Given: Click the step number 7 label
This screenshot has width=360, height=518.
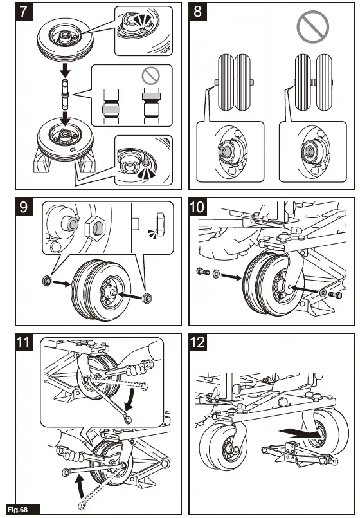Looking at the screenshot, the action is click(x=24, y=12).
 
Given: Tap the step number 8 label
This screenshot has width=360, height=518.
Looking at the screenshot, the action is click(x=197, y=12).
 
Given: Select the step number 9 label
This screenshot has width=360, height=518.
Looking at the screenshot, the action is click(x=24, y=207).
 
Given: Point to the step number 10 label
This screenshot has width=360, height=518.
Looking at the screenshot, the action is click(x=197, y=207).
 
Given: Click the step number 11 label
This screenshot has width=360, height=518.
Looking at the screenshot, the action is click(x=24, y=342).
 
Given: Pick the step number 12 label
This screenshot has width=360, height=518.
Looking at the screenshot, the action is click(x=197, y=342).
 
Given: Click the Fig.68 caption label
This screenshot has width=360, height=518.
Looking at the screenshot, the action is click(x=19, y=510).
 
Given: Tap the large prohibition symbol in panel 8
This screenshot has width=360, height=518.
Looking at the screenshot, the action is click(x=313, y=26).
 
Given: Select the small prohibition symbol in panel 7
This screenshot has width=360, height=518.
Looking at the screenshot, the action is click(x=151, y=76).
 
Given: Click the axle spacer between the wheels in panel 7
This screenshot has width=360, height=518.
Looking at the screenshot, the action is click(x=65, y=95).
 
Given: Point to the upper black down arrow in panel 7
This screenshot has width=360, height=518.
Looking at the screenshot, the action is click(x=66, y=69).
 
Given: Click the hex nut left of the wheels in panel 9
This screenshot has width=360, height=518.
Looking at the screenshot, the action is click(x=47, y=281).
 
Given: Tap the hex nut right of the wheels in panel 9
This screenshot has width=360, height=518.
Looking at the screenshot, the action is click(x=147, y=297).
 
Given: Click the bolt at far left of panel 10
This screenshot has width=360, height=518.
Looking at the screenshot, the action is click(x=203, y=272).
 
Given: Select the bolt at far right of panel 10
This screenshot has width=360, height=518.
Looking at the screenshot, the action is click(x=336, y=295).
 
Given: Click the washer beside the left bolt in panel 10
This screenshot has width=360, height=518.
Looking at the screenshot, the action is click(x=217, y=273).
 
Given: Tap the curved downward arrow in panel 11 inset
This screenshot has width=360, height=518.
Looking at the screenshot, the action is click(x=131, y=399).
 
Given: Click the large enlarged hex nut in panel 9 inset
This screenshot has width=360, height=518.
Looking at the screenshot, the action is click(x=94, y=228).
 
